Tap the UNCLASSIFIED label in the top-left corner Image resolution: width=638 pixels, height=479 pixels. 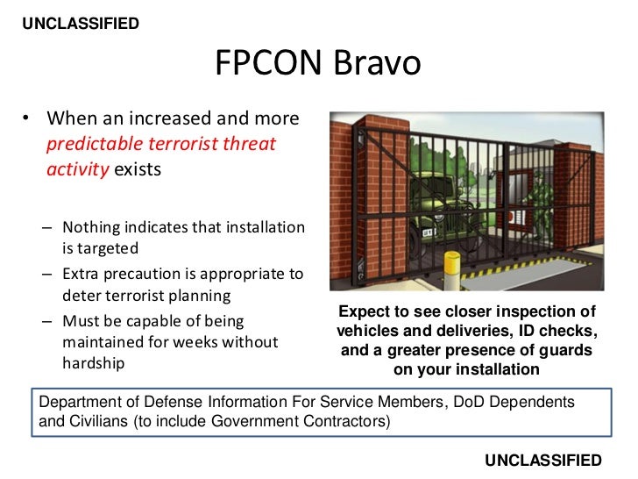click(x=80, y=24)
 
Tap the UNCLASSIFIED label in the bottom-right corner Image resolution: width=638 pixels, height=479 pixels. click(x=542, y=460)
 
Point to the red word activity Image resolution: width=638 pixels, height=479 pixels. click(x=78, y=169)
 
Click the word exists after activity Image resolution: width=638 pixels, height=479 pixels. click(x=137, y=169)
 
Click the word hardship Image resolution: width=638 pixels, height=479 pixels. click(x=93, y=362)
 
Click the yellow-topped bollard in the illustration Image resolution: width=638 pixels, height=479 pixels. click(x=452, y=267)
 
